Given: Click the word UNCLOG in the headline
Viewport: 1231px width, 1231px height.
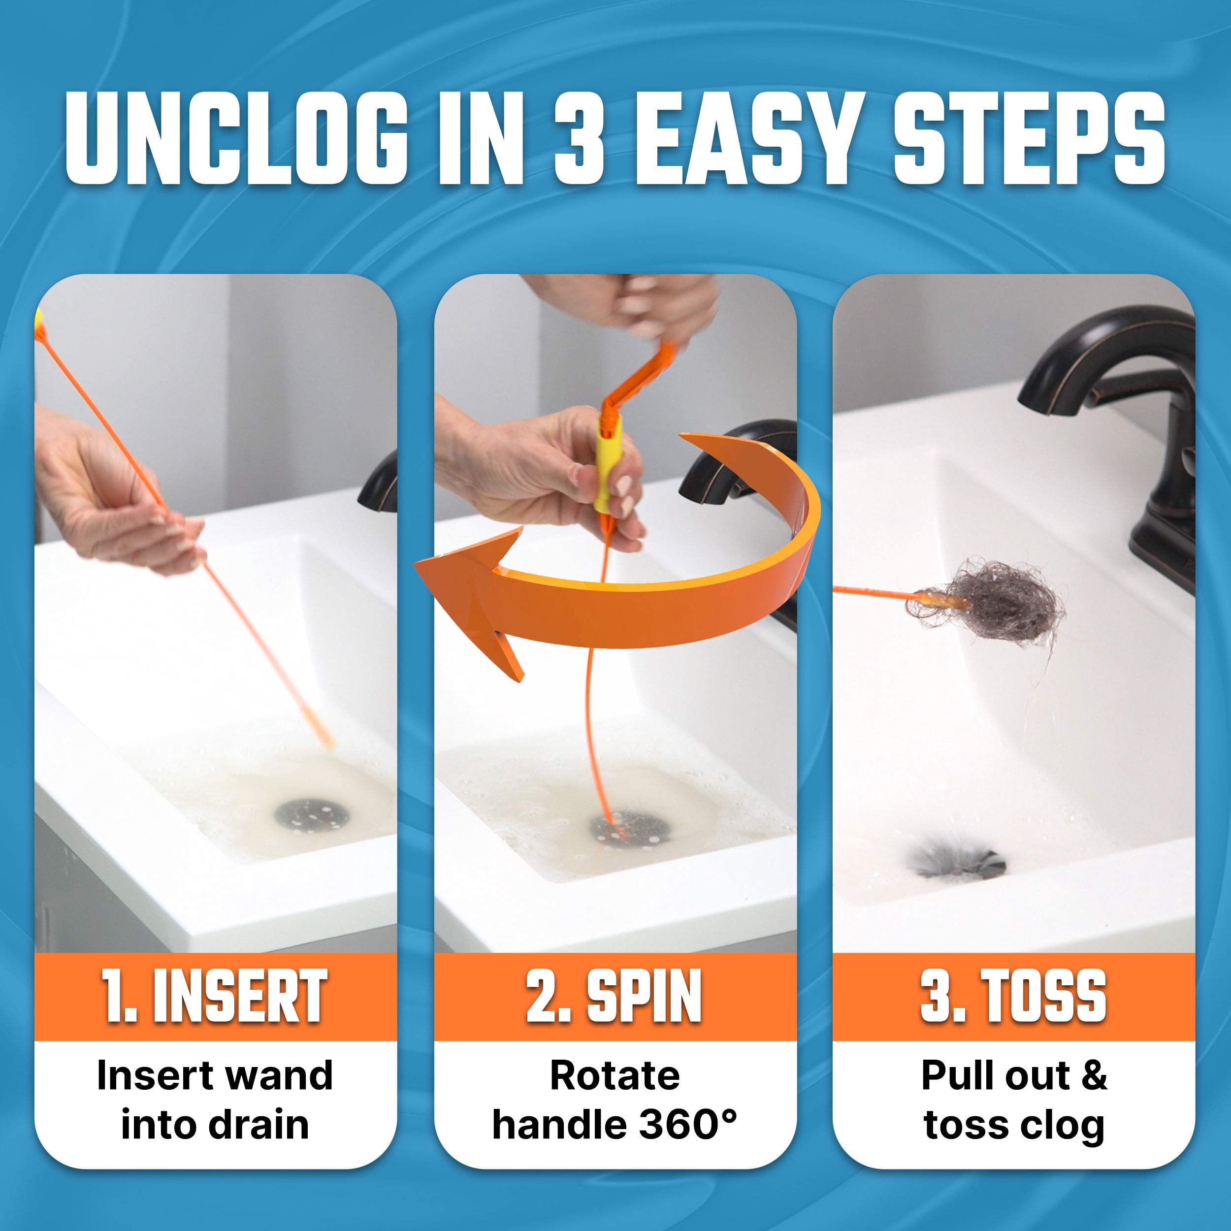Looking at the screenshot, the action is tap(236, 138).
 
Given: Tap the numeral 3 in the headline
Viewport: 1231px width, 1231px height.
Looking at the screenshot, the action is tap(579, 138).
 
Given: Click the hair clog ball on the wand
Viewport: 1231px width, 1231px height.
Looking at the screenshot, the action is tap(984, 602).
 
